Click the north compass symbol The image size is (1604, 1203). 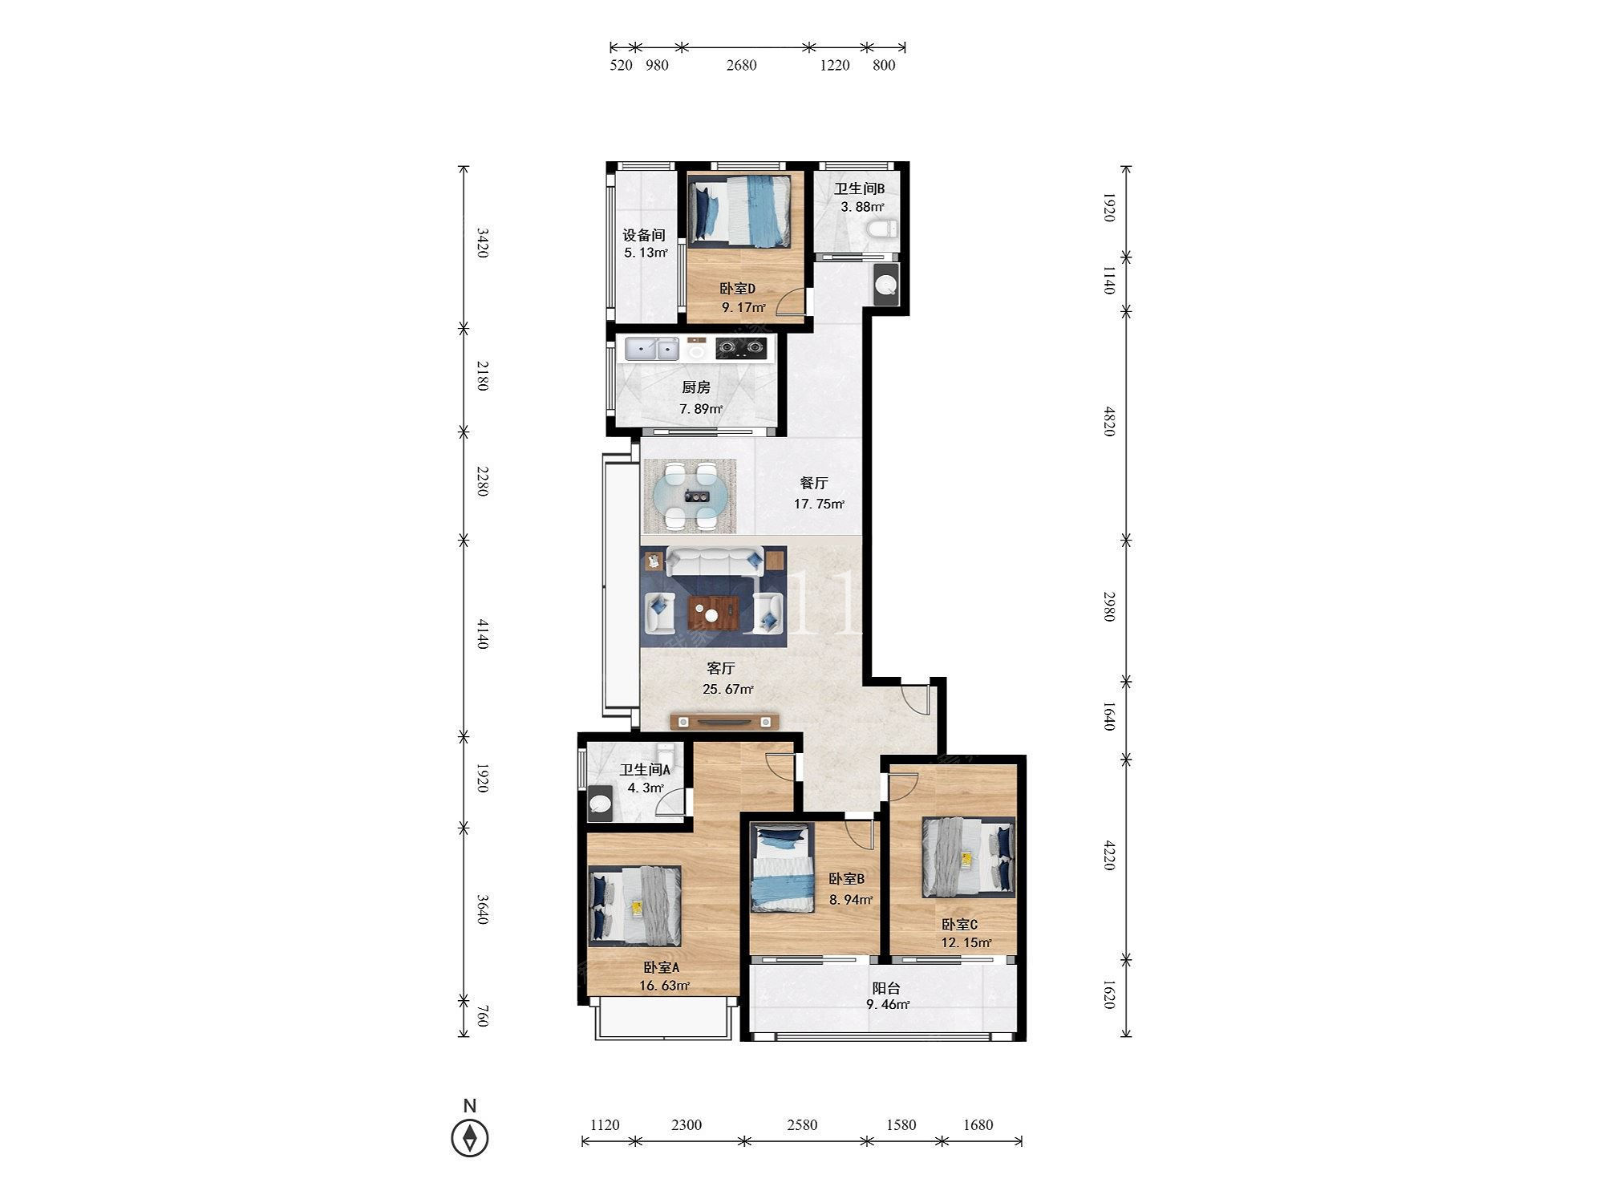click(470, 1137)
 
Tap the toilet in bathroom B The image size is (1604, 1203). click(881, 229)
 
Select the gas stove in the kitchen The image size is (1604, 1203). click(740, 348)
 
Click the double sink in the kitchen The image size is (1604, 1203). click(652, 349)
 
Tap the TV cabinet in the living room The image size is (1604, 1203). click(725, 721)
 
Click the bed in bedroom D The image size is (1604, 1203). click(740, 210)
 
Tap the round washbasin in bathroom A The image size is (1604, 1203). click(599, 804)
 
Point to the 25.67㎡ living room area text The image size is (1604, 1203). click(728, 689)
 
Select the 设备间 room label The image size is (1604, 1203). click(644, 235)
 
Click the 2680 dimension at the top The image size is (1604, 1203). click(742, 65)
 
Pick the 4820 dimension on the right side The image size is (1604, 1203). click(1109, 421)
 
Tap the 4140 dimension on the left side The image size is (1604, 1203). click(482, 634)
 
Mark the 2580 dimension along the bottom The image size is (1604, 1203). click(802, 1125)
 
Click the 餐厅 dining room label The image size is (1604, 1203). click(814, 483)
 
